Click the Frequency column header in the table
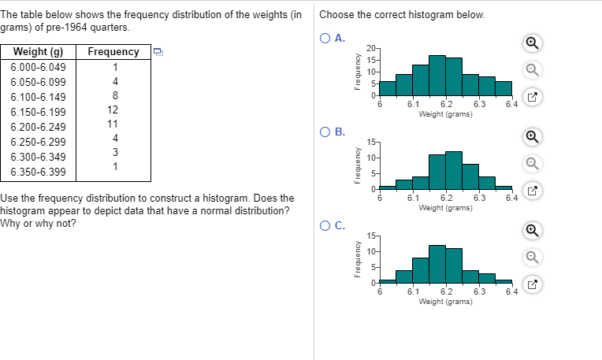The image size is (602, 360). [x=113, y=53]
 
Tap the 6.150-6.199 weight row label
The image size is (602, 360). [x=38, y=112]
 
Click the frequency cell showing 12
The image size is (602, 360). [x=113, y=110]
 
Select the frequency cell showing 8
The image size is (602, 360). [x=115, y=95]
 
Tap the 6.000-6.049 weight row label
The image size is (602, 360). [x=38, y=67]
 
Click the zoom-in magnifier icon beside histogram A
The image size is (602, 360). [x=532, y=43]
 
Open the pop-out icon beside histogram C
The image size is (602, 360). [x=532, y=287]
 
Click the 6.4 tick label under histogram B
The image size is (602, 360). [x=511, y=198]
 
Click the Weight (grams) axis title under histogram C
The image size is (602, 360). [x=445, y=302]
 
